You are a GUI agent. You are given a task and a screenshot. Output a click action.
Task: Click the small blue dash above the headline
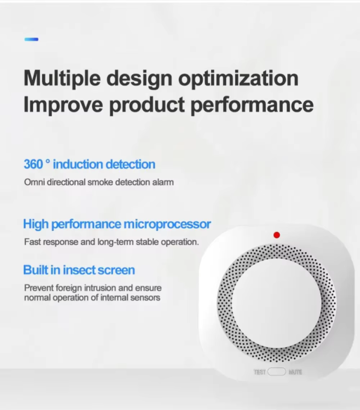click(x=31, y=39)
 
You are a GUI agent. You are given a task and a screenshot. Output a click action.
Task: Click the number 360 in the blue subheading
click(x=33, y=164)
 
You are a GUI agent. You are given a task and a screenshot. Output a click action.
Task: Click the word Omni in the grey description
click(x=33, y=182)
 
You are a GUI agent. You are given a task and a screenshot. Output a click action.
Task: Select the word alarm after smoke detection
click(x=163, y=182)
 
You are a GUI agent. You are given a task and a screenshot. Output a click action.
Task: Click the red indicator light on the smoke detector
click(x=277, y=235)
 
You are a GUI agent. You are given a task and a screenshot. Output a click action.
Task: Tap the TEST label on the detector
click(x=260, y=372)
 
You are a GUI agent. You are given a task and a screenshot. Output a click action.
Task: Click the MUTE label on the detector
click(x=295, y=372)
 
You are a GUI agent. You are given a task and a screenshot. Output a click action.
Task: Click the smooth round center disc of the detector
click(x=276, y=303)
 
